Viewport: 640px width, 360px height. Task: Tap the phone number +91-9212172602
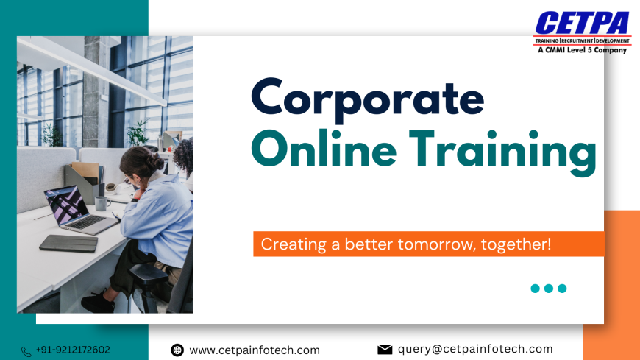coord(73,350)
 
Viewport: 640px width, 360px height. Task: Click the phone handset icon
coord(26,351)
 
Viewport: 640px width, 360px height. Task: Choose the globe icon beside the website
coord(177,350)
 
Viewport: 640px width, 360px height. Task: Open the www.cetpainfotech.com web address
coord(255,350)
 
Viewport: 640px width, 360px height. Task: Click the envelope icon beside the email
coord(385,350)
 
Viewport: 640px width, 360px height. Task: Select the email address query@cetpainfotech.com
coord(475,349)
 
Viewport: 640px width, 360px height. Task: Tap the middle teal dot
coord(549,289)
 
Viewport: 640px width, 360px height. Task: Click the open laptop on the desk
coord(74,210)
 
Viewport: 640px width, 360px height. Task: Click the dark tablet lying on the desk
coord(68,243)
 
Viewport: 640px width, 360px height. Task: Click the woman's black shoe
coord(98,302)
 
